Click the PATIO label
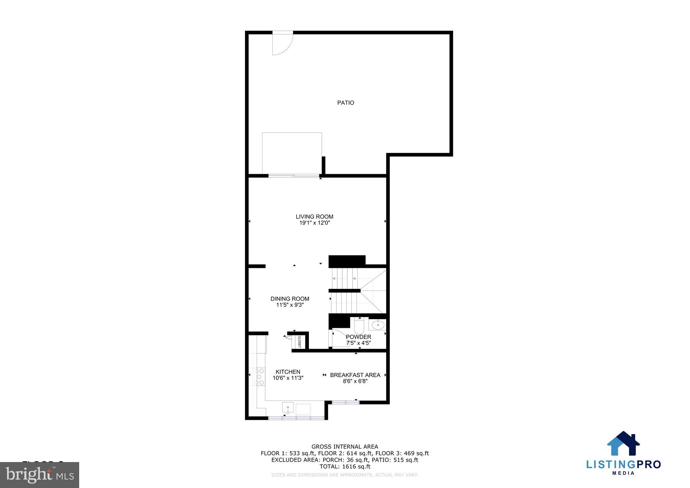345,103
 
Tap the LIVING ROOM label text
314,217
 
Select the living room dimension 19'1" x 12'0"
314,223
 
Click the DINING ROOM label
290,299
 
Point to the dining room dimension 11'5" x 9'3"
290,305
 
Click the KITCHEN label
288,372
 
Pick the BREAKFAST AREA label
355,375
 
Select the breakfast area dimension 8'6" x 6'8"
355,381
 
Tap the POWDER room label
358,337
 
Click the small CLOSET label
299,342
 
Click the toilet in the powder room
359,326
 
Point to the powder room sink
377,325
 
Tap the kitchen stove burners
260,376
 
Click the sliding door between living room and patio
294,176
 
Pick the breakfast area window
345,402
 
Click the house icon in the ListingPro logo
623,444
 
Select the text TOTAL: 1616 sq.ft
345,467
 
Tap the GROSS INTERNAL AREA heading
345,447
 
